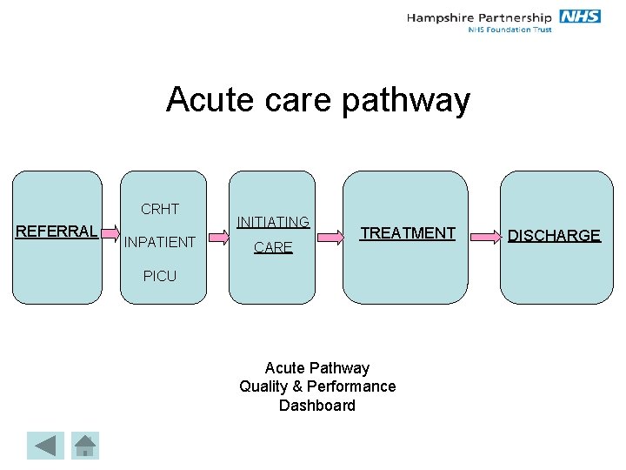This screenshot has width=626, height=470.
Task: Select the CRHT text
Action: [160, 209]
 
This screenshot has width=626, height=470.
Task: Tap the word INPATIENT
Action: [160, 242]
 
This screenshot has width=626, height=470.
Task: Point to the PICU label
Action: [160, 276]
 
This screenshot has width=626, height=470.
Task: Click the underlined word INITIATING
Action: [273, 223]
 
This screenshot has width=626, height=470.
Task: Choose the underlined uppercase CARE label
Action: [273, 248]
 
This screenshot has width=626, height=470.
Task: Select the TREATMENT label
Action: [408, 232]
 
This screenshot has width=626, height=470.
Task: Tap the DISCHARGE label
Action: [554, 236]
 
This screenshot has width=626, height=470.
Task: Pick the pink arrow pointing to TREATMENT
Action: [329, 234]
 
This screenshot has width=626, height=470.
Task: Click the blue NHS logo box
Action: [580, 17]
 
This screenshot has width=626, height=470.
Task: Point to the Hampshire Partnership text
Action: [479, 17]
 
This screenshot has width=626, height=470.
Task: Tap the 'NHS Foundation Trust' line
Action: [509, 30]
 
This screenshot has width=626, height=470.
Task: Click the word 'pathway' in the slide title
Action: [406, 101]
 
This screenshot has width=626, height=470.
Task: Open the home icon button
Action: [84, 446]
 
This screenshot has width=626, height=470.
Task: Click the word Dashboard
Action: [317, 406]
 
